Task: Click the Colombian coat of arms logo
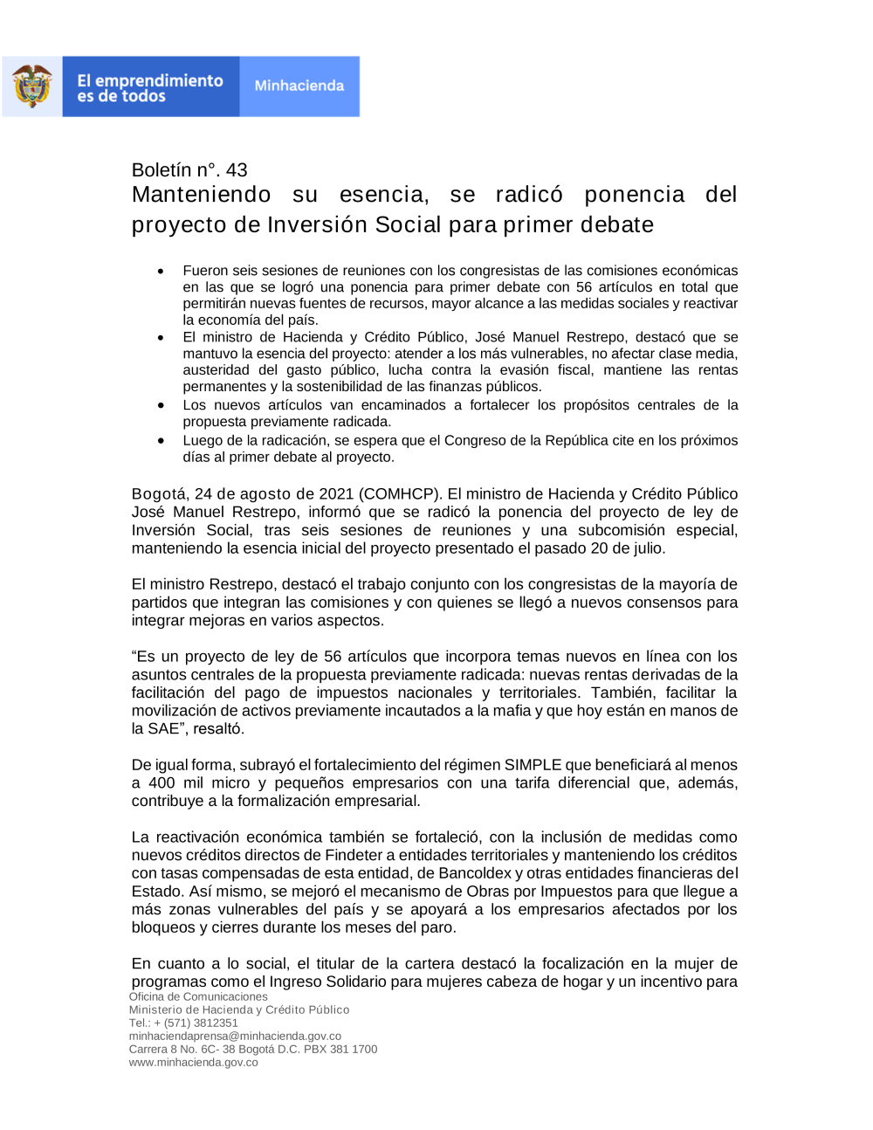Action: tap(32, 86)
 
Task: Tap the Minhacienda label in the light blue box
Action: tap(299, 86)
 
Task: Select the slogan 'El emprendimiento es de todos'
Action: tap(150, 87)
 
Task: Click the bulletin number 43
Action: tap(237, 170)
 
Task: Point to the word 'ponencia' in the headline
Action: tap(634, 195)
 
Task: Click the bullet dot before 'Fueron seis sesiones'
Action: tap(161, 272)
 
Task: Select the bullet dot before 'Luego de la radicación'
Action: tap(161, 441)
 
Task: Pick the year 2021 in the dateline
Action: tap(336, 494)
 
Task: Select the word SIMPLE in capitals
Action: tap(534, 765)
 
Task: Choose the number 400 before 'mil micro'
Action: tap(162, 783)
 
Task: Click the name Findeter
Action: tap(354, 856)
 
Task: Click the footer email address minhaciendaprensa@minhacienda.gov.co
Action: tap(235, 1037)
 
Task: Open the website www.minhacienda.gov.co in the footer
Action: tap(193, 1063)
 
